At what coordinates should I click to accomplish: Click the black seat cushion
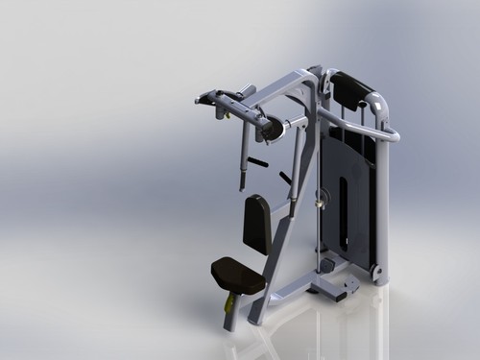(236, 276)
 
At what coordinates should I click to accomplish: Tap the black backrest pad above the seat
(256, 223)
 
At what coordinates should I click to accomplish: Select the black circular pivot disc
(273, 129)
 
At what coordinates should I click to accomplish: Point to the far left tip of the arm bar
(199, 99)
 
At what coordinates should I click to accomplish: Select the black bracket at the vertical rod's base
(326, 264)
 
